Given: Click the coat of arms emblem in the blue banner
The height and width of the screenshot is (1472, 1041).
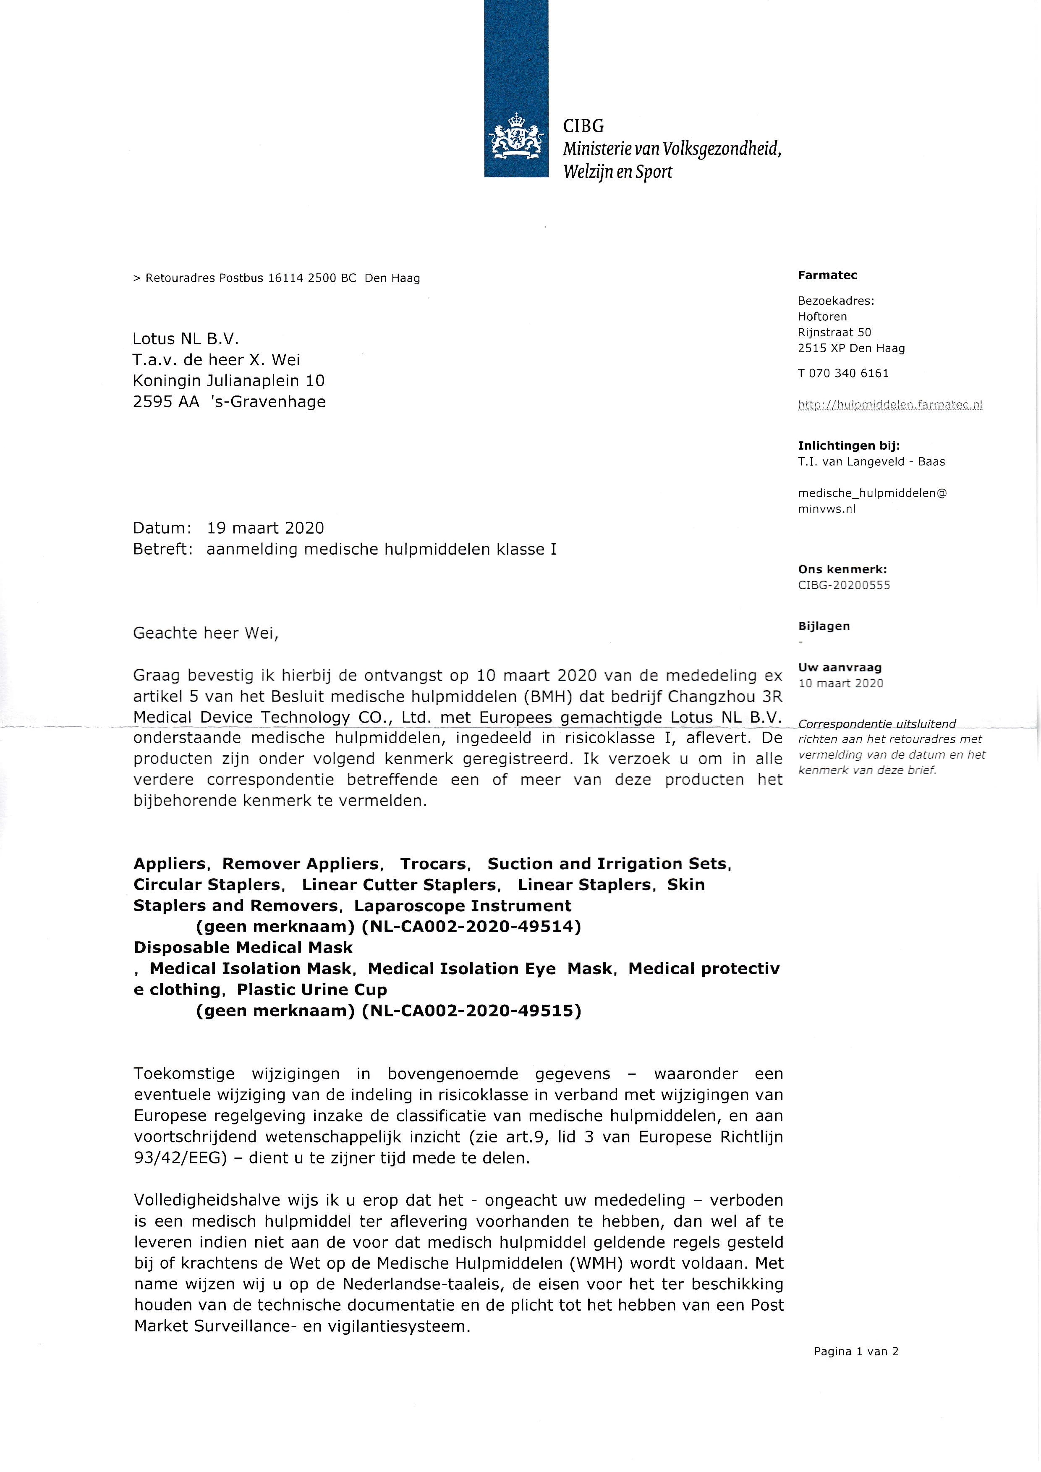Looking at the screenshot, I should pos(516,135).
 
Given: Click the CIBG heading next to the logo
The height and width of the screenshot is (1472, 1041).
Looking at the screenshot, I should pos(583,126).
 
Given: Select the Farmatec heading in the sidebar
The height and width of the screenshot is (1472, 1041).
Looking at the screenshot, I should pos(827,275).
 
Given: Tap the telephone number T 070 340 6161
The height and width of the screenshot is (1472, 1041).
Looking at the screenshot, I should pos(843,373).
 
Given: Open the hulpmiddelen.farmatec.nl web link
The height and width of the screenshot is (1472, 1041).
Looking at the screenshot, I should pos(890,405).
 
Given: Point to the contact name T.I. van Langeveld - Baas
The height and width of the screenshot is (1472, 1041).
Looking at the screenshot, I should pos(871,461).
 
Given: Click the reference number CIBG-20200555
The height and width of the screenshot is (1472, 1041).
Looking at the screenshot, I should pos(844,585).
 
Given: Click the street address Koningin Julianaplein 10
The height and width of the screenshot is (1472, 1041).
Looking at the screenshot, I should pos(228,381).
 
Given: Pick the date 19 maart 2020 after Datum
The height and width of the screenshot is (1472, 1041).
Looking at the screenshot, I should pos(265,528).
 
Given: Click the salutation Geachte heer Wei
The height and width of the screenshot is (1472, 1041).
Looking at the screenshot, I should pos(206,634).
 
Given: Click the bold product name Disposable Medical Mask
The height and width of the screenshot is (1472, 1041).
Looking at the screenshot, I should pos(243,948).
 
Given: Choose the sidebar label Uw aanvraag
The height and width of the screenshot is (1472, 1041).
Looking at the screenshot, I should pos(839,668).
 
